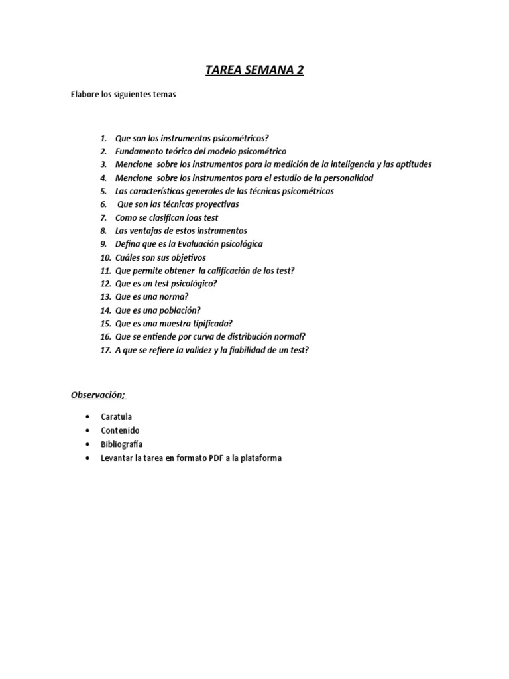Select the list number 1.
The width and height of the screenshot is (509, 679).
103,139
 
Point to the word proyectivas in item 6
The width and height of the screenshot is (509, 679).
215,204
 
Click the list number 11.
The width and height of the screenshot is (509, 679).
105,271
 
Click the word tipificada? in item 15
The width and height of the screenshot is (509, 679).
211,324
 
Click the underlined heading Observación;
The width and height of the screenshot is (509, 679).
99,395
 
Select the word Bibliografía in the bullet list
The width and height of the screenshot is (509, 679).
121,444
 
